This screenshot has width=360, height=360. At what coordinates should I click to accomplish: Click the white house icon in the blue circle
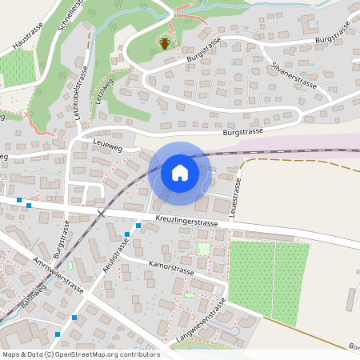pyautogui.click(x=180, y=172)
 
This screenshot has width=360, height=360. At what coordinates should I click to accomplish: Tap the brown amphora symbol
pyautogui.click(x=164, y=42)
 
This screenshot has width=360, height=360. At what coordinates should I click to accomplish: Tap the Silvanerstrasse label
pyautogui.click(x=295, y=75)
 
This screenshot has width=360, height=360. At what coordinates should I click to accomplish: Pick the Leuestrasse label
pyautogui.click(x=236, y=197)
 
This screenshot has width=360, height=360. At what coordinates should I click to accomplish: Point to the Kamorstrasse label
pyautogui.click(x=171, y=266)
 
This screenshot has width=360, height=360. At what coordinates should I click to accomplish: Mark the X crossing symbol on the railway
pyautogui.click(x=101, y=213)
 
